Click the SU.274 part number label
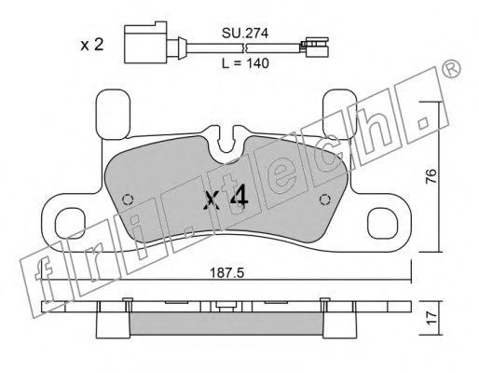[245, 33]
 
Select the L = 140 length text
[245, 63]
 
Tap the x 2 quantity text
[91, 45]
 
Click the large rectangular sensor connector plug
[145, 43]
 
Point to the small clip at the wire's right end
[315, 48]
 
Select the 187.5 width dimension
[227, 273]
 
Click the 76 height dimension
[431, 177]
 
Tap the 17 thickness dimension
[431, 318]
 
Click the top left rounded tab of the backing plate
[113, 114]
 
